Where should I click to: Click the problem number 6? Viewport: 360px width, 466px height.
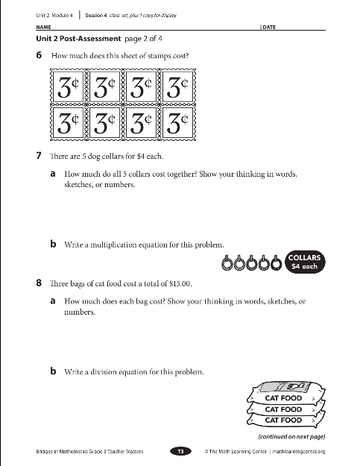(39, 55)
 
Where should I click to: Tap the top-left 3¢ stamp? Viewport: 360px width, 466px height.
(68, 86)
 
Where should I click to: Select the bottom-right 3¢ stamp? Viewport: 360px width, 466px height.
(177, 122)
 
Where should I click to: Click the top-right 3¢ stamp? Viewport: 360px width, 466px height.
(177, 86)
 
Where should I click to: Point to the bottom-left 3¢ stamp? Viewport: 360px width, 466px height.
(68, 122)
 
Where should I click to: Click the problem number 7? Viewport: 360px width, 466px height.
(39, 155)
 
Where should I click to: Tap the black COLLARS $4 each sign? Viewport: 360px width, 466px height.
(304, 262)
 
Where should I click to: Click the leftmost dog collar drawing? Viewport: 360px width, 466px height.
(227, 262)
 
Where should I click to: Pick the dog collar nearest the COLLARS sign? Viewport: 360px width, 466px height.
(277, 262)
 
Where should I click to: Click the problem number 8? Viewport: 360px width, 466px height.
(39, 283)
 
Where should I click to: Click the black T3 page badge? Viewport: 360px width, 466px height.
(180, 451)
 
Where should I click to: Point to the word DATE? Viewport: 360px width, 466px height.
(269, 27)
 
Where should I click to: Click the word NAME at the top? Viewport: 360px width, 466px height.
(43, 27)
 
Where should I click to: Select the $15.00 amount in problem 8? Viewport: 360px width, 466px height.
(180, 283)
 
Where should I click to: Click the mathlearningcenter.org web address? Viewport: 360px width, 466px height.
(299, 451)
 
